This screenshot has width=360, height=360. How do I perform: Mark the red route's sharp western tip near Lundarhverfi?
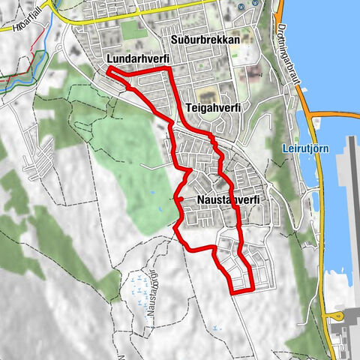[109, 70]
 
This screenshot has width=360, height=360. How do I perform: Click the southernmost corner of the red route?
[232, 292]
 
